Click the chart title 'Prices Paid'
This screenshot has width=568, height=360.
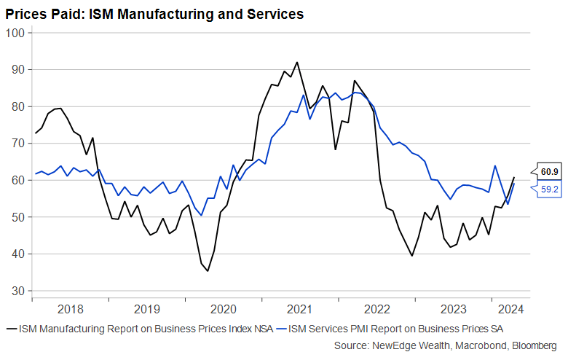tap(154, 14)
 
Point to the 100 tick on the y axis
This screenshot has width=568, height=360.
tap(15, 33)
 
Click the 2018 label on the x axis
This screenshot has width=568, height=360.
tap(70, 308)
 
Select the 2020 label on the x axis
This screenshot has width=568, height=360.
tap(223, 308)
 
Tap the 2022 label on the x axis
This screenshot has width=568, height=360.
tap(377, 308)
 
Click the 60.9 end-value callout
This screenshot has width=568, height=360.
tap(550, 172)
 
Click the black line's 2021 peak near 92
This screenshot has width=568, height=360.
tap(297, 63)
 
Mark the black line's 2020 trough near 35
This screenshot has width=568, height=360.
tap(208, 271)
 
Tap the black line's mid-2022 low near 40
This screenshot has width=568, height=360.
tap(411, 255)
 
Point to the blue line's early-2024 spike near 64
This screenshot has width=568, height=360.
tap(495, 166)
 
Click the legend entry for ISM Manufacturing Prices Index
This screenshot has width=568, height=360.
tap(138, 329)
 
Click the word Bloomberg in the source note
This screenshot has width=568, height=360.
tap(535, 345)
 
